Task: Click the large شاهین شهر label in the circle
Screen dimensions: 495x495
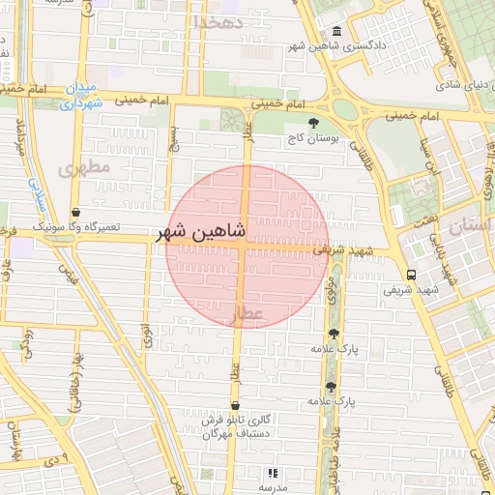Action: coord(201,233)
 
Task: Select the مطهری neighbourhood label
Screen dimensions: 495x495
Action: coord(85,167)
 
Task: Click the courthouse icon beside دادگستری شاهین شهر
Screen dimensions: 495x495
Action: coord(335,31)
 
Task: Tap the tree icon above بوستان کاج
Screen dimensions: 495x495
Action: coord(313,123)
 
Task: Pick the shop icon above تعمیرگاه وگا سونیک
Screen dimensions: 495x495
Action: coord(75,212)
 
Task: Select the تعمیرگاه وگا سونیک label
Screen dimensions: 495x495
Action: coord(76,227)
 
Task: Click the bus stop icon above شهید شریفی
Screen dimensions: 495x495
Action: coord(412,274)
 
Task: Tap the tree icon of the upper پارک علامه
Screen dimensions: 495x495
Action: coord(334,333)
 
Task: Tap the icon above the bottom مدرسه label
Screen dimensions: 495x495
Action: coord(273,473)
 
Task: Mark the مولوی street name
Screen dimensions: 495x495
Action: coord(331,288)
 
